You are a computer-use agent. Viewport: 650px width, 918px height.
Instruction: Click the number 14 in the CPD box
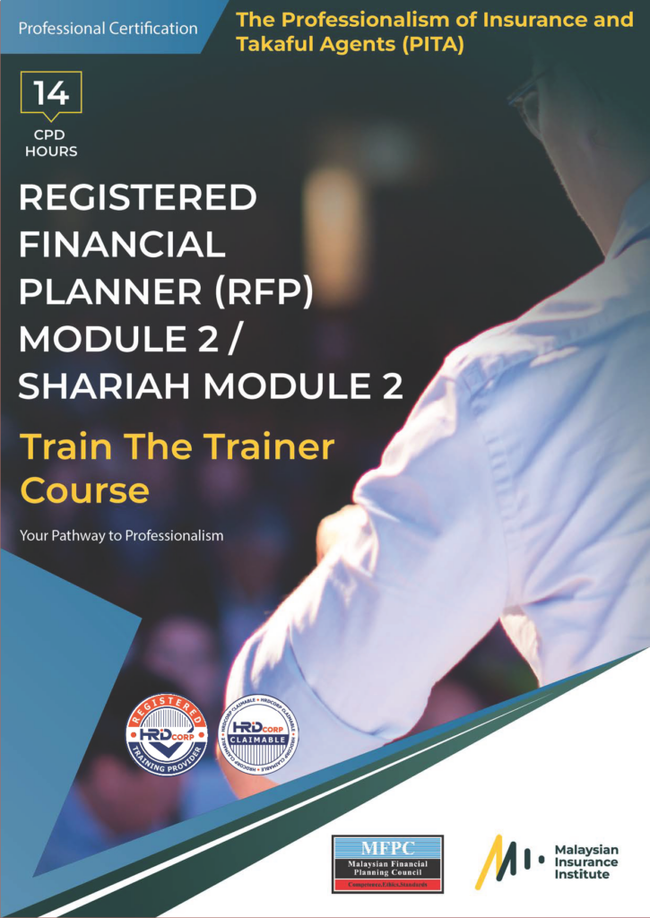pyautogui.click(x=51, y=93)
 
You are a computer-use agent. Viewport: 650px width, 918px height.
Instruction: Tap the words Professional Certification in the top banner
pyautogui.click(x=108, y=28)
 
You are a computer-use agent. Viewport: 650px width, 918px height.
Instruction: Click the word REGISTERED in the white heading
pyautogui.click(x=138, y=197)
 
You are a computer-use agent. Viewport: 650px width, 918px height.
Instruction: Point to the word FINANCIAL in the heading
pyautogui.click(x=122, y=244)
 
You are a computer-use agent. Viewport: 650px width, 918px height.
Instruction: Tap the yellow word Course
pyautogui.click(x=84, y=490)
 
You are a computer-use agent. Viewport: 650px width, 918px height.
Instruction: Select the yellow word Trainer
pyautogui.click(x=268, y=446)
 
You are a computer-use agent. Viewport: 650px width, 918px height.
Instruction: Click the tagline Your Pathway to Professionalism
pyautogui.click(x=121, y=536)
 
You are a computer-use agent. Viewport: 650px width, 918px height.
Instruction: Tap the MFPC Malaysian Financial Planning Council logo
pyautogui.click(x=387, y=863)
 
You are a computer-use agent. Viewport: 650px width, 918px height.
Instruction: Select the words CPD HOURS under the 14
pyautogui.click(x=51, y=143)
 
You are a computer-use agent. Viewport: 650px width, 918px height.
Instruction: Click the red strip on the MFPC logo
pyautogui.click(x=387, y=885)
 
